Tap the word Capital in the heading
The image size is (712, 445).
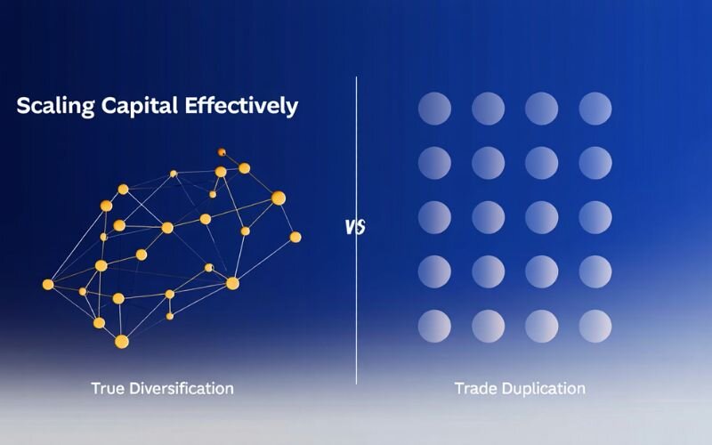(x=136, y=106)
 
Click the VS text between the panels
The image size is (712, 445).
(x=355, y=227)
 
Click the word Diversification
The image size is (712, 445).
(x=180, y=388)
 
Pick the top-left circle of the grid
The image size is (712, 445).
(x=434, y=109)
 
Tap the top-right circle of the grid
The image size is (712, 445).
(x=595, y=109)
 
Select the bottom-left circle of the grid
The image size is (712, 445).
(x=434, y=324)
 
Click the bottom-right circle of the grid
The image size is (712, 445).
(x=595, y=324)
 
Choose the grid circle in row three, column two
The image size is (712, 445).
(x=489, y=216)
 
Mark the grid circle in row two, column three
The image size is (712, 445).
(x=541, y=163)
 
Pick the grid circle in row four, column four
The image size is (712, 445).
(x=595, y=271)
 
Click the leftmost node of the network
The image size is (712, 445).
(x=48, y=285)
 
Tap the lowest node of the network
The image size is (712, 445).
(x=122, y=341)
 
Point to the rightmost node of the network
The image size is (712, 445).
(x=295, y=237)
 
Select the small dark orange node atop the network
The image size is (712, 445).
(x=222, y=152)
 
